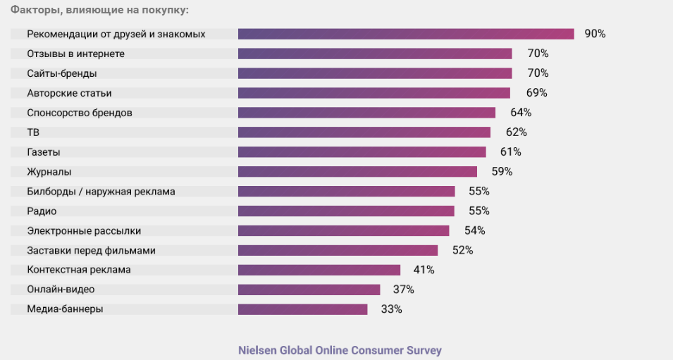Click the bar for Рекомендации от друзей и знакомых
coord(406,34)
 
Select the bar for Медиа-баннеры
coord(302,309)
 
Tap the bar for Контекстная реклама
coord(319,270)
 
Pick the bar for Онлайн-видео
coord(309,290)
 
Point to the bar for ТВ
coord(364,132)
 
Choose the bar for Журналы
coord(357,172)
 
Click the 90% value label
coord(595,34)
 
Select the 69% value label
coord(536,93)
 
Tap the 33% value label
coord(391,309)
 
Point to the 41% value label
coord(424,270)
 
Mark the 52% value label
coord(462,250)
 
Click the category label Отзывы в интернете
coord(75,54)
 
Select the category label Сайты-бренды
coord(62,73)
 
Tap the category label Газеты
coord(44,152)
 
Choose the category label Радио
coord(42,211)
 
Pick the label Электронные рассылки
coord(84,230)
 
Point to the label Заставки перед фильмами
coord(91,250)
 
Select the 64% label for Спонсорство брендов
coord(521,113)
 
